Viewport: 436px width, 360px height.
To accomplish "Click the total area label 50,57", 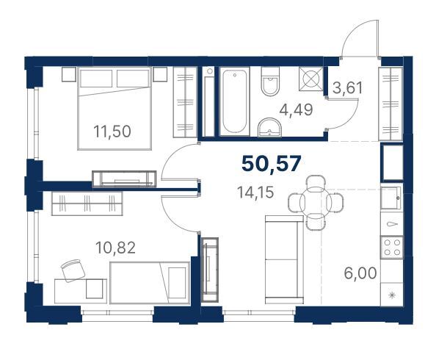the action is (x=272, y=164).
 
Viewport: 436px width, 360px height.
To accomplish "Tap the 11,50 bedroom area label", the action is (x=112, y=132).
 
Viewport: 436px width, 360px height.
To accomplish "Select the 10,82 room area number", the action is (x=115, y=248).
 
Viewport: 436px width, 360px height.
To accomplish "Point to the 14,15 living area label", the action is (x=255, y=192).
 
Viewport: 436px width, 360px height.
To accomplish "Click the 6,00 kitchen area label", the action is (x=360, y=273).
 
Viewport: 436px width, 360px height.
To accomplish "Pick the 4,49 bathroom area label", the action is (x=296, y=109).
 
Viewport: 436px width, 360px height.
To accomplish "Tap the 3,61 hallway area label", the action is (x=348, y=88).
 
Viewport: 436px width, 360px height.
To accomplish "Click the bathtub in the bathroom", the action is (x=235, y=101).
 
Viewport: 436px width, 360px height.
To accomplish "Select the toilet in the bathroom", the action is (x=270, y=82).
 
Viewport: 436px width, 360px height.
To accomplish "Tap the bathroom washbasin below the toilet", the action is (x=269, y=128).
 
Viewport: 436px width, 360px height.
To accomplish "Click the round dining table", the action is (x=316, y=203).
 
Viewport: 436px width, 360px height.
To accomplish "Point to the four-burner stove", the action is (x=392, y=247).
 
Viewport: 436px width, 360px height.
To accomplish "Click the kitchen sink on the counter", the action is (x=391, y=198).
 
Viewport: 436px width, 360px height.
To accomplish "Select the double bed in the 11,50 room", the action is (x=115, y=109).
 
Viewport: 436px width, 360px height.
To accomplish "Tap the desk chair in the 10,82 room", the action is (x=73, y=270).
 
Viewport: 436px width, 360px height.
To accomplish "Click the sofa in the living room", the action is (x=284, y=259).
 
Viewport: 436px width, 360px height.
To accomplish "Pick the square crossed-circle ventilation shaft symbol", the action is (x=311, y=79).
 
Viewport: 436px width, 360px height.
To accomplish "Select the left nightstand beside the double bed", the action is (x=69, y=74).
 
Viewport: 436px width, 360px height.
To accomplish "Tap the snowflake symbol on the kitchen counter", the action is (x=392, y=295).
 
